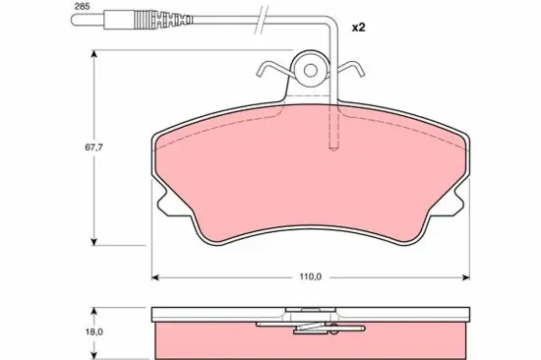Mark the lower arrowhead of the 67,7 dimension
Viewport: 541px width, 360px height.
point(93,242)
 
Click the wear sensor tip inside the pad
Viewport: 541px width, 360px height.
point(333,147)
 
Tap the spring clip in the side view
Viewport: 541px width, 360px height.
point(310,325)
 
